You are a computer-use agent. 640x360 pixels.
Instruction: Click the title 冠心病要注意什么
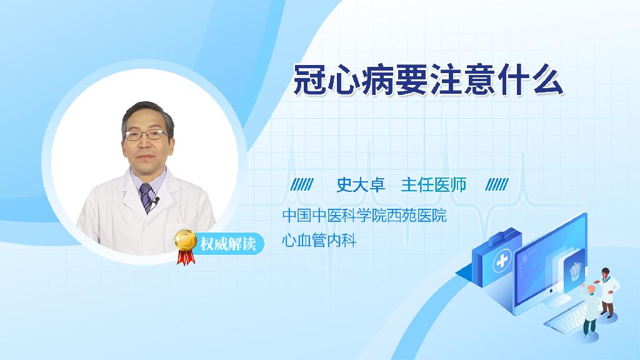428,79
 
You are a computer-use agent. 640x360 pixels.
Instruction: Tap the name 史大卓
361,185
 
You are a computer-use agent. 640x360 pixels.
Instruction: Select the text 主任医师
434,185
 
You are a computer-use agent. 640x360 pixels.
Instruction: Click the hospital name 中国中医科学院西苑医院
364,215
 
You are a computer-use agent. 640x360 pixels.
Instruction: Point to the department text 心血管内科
319,240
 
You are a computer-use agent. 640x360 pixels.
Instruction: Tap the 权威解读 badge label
227,244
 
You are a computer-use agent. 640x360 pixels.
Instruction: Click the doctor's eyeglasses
146,135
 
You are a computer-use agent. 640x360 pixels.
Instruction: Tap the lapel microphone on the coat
155,201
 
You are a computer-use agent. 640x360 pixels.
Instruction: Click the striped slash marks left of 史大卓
302,185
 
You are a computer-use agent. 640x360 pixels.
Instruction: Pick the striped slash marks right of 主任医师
497,185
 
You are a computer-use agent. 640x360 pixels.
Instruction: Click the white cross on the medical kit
502,262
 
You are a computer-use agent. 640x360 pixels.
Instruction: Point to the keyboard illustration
570,317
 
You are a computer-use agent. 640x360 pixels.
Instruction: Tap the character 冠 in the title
310,80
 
